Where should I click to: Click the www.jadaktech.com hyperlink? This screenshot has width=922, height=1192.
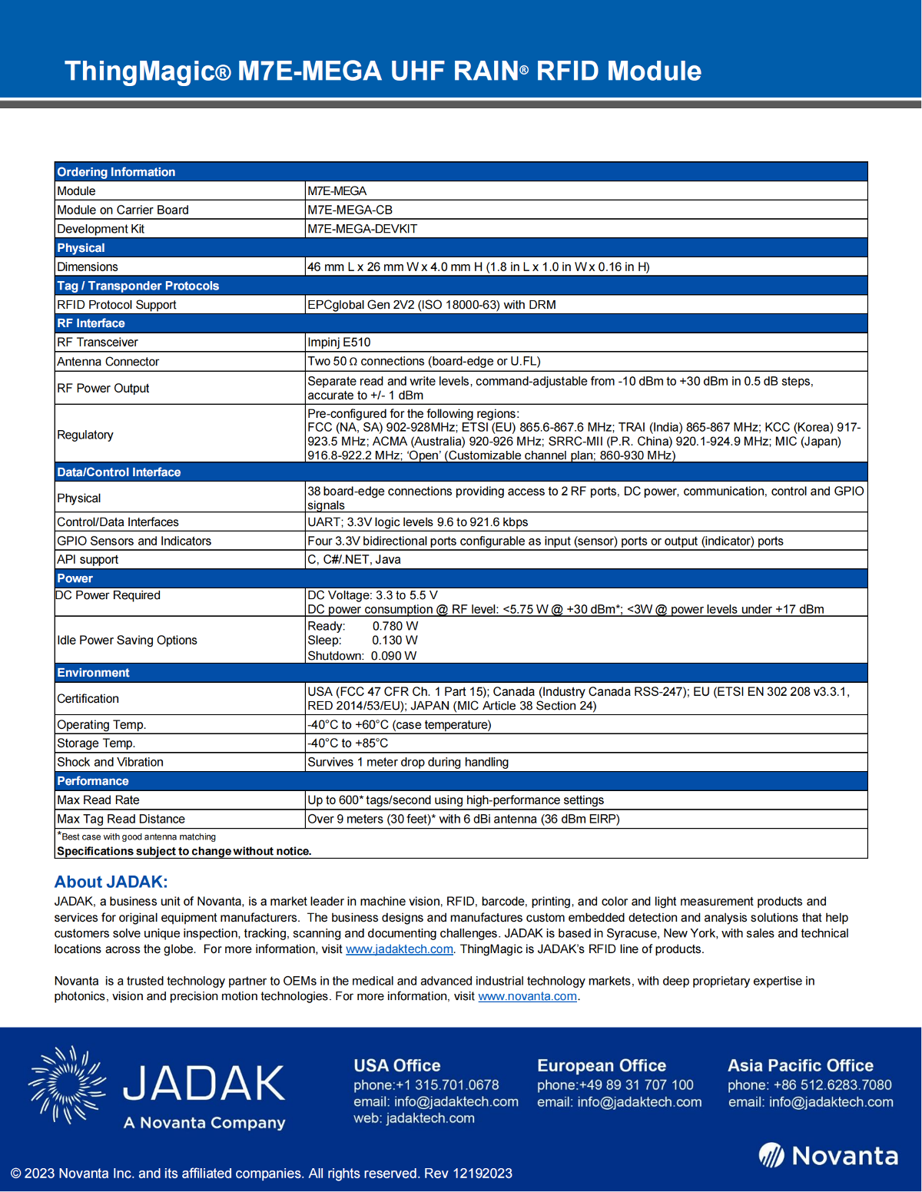(x=400, y=949)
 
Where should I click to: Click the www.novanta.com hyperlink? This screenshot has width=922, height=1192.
(x=527, y=996)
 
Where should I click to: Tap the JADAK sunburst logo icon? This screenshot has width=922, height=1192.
(x=68, y=1084)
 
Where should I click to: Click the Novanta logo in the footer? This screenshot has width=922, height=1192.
(x=828, y=1155)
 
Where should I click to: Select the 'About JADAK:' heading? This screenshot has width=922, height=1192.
(x=111, y=882)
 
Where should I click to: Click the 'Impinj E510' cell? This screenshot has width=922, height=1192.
(x=339, y=343)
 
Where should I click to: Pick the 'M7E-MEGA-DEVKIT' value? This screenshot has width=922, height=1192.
(x=362, y=229)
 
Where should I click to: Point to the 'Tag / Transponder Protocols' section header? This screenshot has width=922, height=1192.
(x=138, y=286)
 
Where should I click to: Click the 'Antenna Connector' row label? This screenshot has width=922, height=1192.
(x=108, y=362)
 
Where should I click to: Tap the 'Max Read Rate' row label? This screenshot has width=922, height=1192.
(x=98, y=800)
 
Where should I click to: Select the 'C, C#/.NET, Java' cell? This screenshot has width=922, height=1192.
(x=354, y=560)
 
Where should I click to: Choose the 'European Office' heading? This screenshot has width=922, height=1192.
(x=602, y=1066)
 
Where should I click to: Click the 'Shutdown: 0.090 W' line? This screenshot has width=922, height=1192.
(x=362, y=656)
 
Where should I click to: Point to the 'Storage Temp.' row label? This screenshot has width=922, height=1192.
(x=96, y=743)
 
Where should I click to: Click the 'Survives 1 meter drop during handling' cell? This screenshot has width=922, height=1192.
(x=408, y=763)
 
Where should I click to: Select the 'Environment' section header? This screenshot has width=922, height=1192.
(x=93, y=673)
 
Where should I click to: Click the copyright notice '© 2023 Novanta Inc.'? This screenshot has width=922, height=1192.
(x=261, y=1174)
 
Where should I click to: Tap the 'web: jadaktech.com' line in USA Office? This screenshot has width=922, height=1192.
(x=414, y=1118)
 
